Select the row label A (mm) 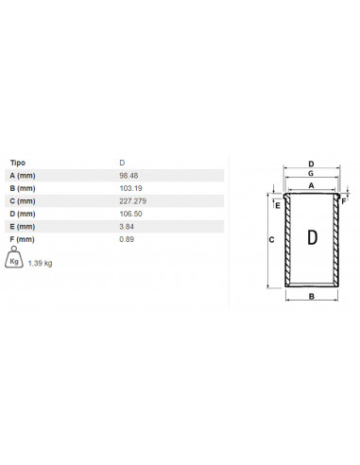tap(24, 175)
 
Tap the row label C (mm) tap(24, 201)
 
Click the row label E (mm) tap(24, 227)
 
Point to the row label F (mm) tap(24, 240)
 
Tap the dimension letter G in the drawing tap(311, 174)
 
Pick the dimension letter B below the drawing tap(312, 297)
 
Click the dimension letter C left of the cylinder tap(272, 241)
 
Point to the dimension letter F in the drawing tap(345, 201)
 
